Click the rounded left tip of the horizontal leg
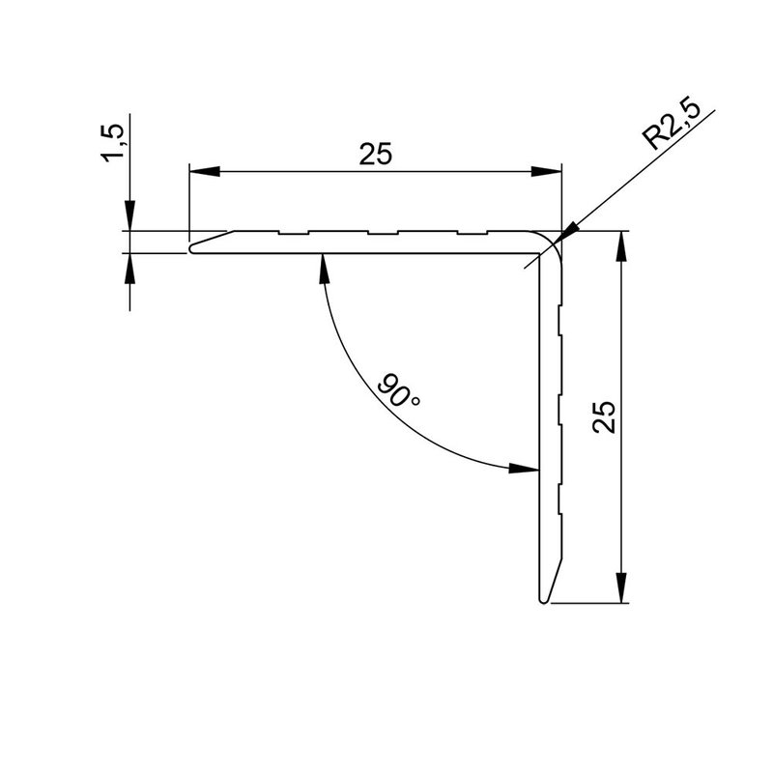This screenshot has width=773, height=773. [193, 247]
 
